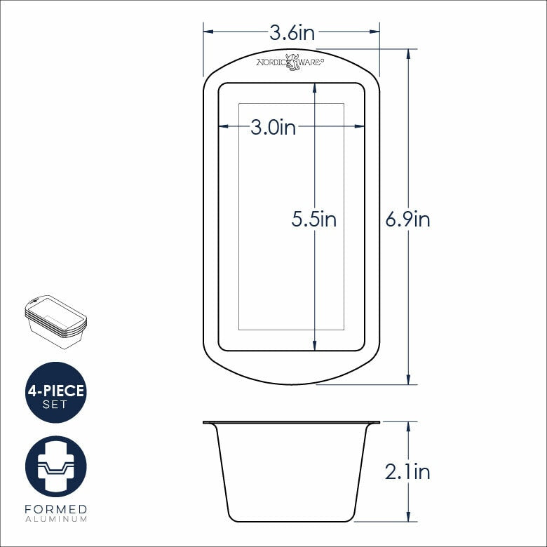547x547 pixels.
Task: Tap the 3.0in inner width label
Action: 273,127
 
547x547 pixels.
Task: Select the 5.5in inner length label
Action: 314,220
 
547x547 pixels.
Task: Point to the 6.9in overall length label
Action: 407,220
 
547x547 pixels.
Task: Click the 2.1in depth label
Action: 407,472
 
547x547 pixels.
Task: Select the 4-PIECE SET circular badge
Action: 55,392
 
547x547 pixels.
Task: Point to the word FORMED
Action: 55,508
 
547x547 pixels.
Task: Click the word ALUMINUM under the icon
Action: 55,519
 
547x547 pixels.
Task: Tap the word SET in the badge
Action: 55,404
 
